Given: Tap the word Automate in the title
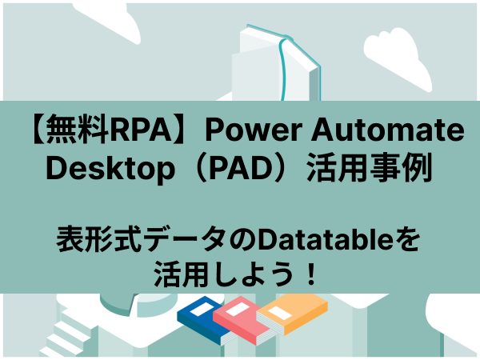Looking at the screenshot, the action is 388,130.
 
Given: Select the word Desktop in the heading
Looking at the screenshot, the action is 110,168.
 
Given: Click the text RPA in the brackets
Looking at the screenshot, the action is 143,130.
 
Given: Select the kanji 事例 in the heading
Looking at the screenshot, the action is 401,168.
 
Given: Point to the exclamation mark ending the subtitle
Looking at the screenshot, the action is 312,274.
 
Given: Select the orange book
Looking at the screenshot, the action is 292,314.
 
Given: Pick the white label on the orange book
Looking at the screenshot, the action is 280,313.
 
